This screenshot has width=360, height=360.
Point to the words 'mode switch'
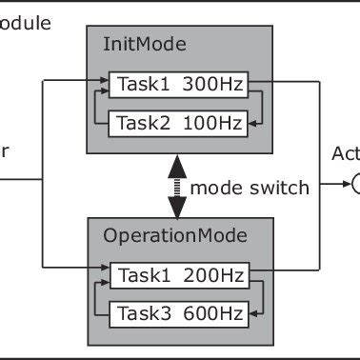(x=250, y=188)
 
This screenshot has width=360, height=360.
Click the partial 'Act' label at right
(x=345, y=154)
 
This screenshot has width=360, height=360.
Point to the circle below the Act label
(x=354, y=185)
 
